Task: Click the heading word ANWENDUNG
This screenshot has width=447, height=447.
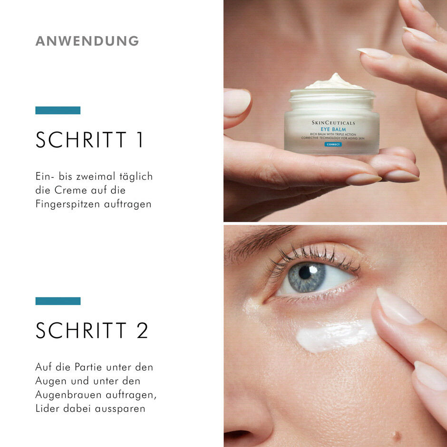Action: pos(87,41)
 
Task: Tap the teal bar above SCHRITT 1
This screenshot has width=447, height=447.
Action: pos(58,110)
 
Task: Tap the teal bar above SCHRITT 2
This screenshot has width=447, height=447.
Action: pos(58,301)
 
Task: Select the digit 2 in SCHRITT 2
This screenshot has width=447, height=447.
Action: pos(142,331)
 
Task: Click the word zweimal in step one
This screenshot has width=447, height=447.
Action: pos(99,176)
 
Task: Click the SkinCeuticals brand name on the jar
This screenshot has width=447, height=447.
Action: pos(333,123)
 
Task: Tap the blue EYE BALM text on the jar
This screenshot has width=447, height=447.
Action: pos(333,129)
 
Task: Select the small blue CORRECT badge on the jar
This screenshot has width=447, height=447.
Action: pos(333,144)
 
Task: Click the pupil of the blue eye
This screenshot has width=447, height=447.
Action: pos(305,273)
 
